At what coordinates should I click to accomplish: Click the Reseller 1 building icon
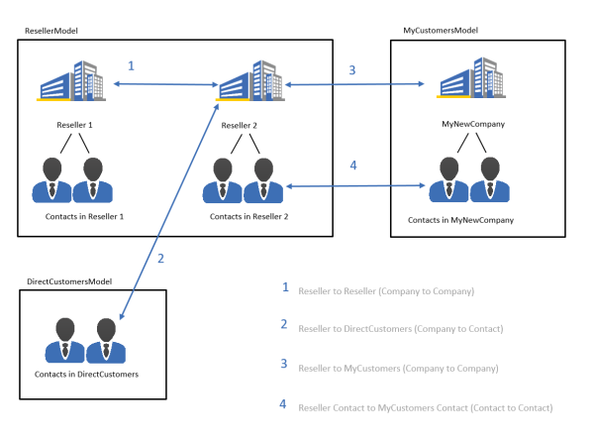(71, 80)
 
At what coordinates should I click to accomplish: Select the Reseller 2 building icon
(250, 80)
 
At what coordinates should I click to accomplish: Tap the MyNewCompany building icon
(471, 77)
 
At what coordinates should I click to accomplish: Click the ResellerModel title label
(51, 31)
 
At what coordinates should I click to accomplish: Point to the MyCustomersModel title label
(441, 31)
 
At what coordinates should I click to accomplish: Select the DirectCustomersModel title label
(69, 281)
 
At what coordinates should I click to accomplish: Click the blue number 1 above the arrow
(131, 66)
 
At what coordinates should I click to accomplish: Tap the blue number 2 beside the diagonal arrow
(160, 259)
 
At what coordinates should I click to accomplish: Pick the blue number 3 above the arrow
(351, 70)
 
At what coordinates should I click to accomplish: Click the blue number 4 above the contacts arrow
(353, 166)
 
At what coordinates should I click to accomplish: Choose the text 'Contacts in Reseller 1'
(84, 216)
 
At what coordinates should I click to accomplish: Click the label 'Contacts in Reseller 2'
(248, 216)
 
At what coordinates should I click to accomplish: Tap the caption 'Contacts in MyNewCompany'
(460, 220)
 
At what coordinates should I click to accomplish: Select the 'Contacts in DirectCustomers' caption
(86, 375)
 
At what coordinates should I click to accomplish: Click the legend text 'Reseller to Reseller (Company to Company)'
(386, 291)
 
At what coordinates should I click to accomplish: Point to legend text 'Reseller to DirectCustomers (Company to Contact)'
(401, 329)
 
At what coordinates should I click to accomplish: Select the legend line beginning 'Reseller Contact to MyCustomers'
(426, 408)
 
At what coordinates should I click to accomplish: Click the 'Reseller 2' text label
(239, 126)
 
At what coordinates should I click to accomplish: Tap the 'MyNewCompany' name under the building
(473, 124)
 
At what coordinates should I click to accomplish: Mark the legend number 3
(284, 364)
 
